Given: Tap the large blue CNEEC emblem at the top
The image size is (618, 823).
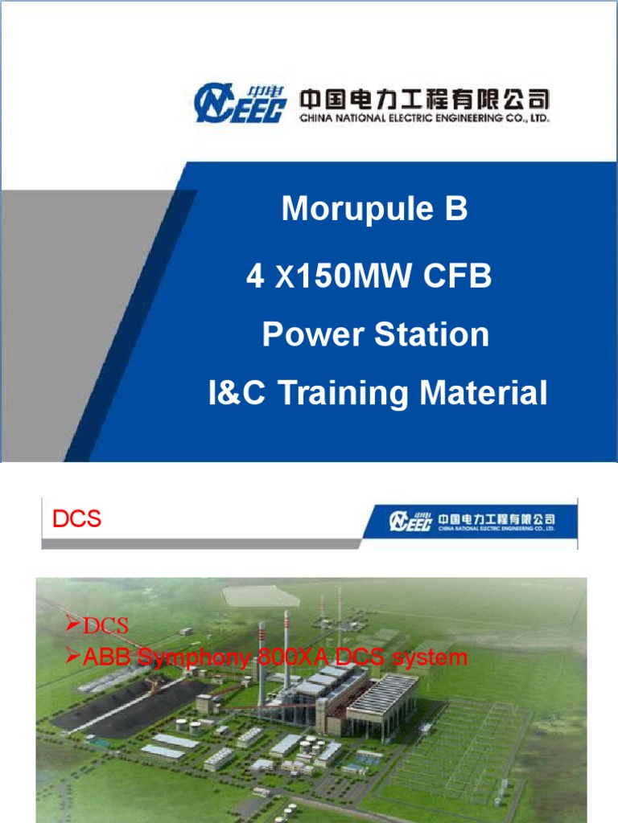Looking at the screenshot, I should [x=240, y=103].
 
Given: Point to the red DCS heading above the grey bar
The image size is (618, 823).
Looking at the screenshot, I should [x=77, y=519].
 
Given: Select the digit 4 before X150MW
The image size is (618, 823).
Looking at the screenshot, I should [x=255, y=279].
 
